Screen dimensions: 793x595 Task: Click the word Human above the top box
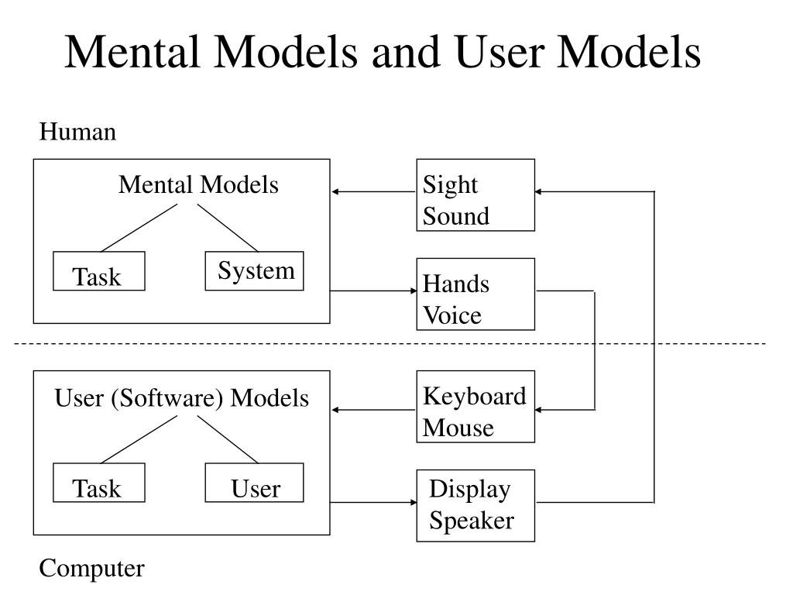77,132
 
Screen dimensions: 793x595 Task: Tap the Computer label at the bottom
91,569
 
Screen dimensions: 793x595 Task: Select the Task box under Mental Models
99,271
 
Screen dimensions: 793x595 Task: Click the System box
254,271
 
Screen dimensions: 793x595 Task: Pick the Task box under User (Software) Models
99,483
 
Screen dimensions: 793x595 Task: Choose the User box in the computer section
254,483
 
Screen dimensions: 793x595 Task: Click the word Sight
450,185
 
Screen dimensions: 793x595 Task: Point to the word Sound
456,216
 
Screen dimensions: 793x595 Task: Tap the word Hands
456,284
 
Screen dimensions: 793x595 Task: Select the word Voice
452,315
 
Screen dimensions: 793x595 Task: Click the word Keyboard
475,397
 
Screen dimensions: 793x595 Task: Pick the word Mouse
458,428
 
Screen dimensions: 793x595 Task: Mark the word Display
470,490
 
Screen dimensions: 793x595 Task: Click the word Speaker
472,521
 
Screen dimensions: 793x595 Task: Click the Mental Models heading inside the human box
198,184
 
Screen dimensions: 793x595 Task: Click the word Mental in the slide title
132,52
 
